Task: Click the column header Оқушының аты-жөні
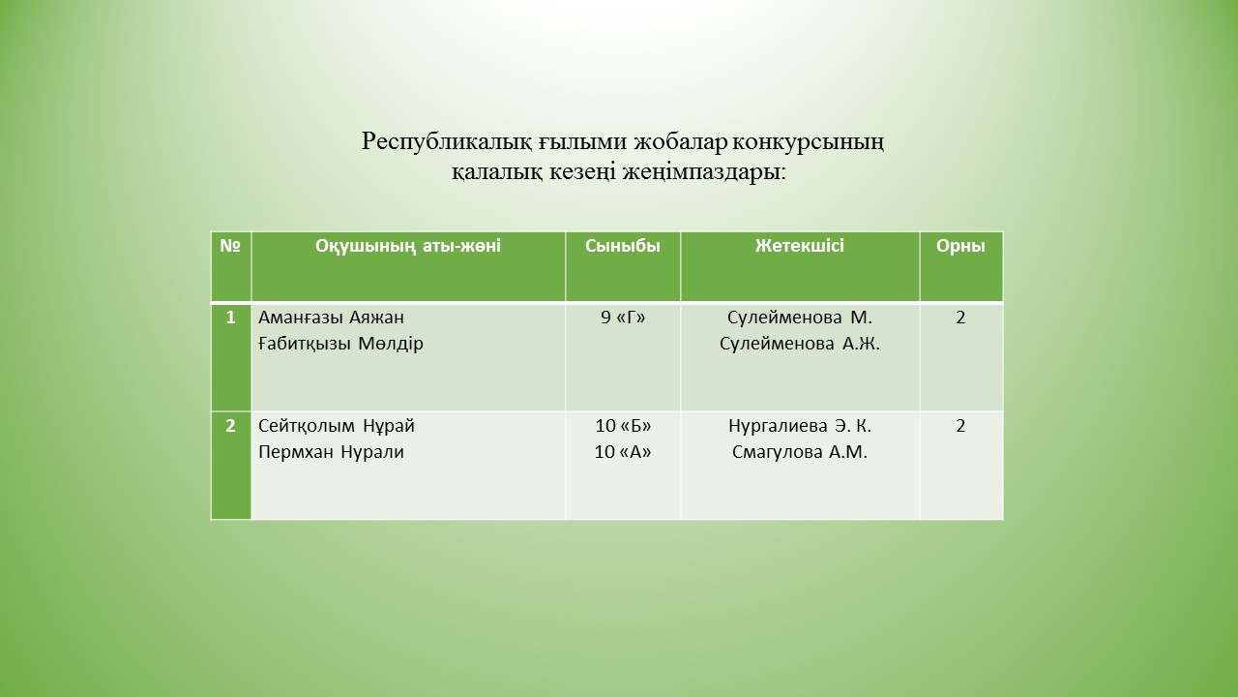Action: [x=408, y=246]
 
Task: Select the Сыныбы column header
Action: [x=622, y=246]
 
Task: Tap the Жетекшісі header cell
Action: [x=800, y=246]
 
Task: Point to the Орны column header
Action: [x=960, y=246]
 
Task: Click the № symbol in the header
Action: [x=230, y=246]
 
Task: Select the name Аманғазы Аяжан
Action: [x=331, y=318]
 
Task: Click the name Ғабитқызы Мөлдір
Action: [x=340, y=344]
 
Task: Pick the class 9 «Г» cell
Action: [x=623, y=318]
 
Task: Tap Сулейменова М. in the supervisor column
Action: [x=800, y=318]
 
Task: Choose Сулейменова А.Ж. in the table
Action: [x=800, y=344]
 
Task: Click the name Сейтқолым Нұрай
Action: [x=336, y=426]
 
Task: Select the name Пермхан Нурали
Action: [x=331, y=452]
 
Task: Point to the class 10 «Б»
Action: [x=623, y=426]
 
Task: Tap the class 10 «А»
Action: [x=623, y=452]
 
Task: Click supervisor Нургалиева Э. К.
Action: [x=800, y=426]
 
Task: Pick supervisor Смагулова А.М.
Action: [x=800, y=452]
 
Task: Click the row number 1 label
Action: [x=230, y=318]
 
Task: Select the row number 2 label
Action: [x=230, y=426]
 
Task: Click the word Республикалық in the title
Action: [x=448, y=142]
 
